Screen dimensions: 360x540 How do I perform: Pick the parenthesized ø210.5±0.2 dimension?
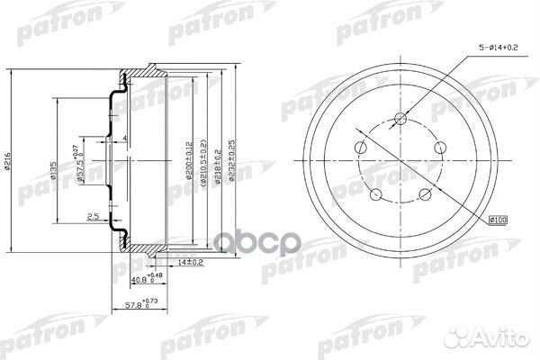point(204,161)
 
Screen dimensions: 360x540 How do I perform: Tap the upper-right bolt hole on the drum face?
point(440,149)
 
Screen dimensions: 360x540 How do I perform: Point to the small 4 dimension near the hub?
point(124,138)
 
